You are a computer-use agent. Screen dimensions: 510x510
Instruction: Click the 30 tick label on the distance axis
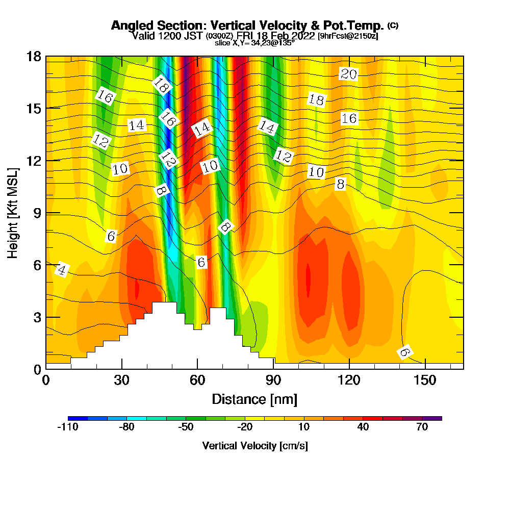[121, 380]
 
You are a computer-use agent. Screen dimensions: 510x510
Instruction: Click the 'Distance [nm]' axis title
[254, 399]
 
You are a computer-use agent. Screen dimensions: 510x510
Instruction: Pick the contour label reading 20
[349, 74]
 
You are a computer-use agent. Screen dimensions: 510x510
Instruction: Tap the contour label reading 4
[61, 270]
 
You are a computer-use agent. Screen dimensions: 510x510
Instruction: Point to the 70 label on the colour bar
[422, 428]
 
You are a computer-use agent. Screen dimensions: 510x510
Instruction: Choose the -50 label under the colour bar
[186, 428]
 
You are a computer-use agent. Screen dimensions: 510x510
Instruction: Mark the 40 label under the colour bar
[363, 428]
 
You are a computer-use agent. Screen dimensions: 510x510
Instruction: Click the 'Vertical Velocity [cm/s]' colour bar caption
[254, 446]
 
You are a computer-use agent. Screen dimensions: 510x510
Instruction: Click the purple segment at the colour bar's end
[432, 418]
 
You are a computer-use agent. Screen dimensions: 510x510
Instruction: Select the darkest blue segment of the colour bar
[78, 418]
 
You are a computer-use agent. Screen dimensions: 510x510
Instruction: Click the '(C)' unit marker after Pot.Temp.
[393, 25]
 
